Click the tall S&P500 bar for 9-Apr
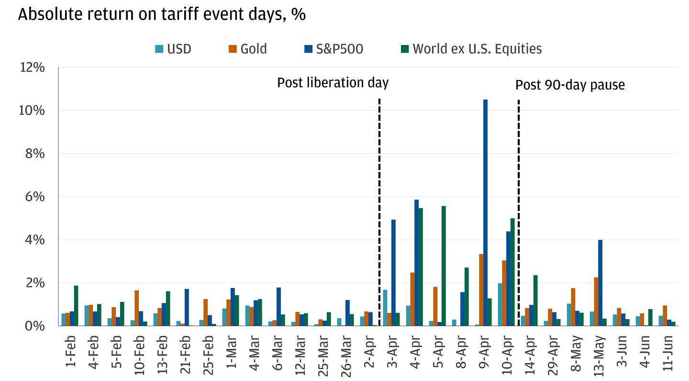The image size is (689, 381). pyautogui.click(x=485, y=213)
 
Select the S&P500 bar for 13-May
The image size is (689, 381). pyautogui.click(x=600, y=283)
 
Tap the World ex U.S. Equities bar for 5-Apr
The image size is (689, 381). pyautogui.click(x=444, y=266)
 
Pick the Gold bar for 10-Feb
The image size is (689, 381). pyautogui.click(x=136, y=308)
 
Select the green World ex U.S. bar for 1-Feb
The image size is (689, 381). pyautogui.click(x=76, y=306)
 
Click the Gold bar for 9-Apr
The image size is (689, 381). pyautogui.click(x=481, y=290)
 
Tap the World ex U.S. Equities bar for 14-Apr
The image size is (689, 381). pyautogui.click(x=535, y=300)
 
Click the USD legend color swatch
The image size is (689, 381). pyautogui.click(x=159, y=48)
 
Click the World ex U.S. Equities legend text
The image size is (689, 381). pyautogui.click(x=477, y=48)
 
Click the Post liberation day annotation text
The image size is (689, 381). pyautogui.click(x=333, y=83)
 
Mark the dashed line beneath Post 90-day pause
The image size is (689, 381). pyautogui.click(x=519, y=192)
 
